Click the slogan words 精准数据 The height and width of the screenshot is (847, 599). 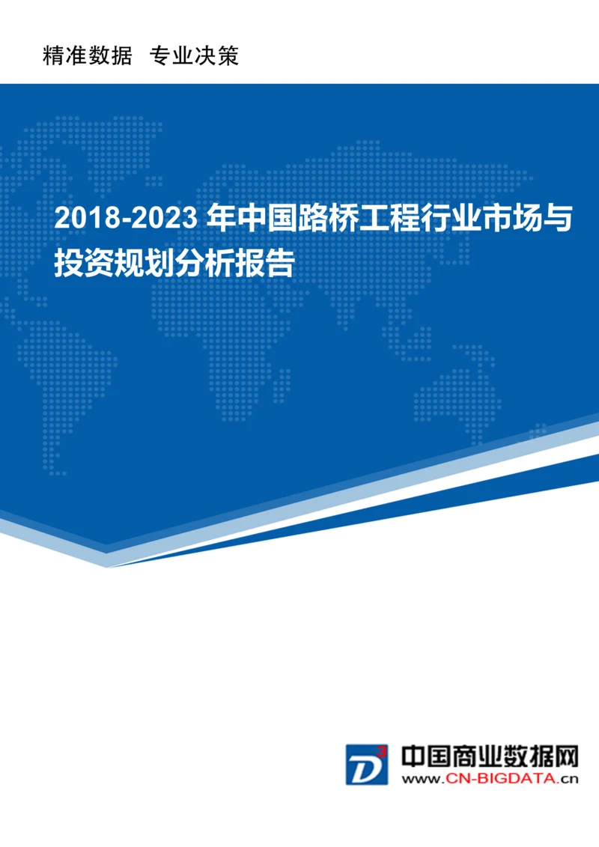tap(88, 55)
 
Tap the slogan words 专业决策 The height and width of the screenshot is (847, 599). tap(194, 55)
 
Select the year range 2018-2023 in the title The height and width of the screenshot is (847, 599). tap(126, 219)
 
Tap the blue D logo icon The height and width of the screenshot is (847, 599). tap(365, 765)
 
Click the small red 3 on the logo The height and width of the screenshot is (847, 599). tap(382, 750)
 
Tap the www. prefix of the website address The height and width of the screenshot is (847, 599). tap(423, 779)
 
